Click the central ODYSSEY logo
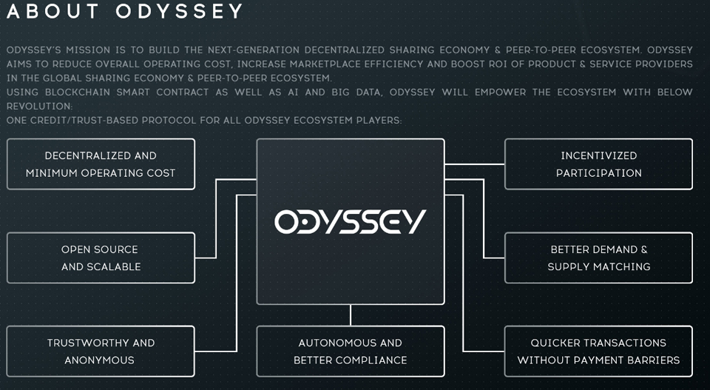351,221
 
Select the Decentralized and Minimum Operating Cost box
101,164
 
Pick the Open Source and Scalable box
101,258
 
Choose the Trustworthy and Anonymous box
101,352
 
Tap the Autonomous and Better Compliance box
351,352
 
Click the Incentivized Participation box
598,164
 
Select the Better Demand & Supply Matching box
598,258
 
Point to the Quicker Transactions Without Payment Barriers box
598,352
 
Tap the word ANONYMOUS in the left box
99,360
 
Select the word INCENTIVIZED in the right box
598,156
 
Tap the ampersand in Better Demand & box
643,249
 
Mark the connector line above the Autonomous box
351,315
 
